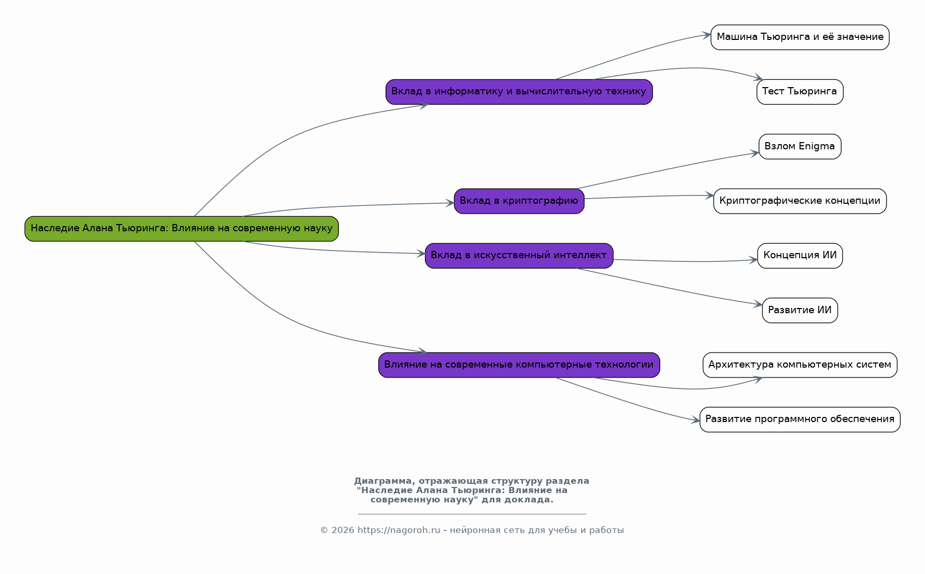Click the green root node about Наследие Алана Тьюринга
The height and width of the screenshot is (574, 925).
pos(181,229)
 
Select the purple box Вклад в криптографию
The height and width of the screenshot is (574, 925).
pos(519,201)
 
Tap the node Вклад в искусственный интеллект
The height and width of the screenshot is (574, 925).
pos(519,256)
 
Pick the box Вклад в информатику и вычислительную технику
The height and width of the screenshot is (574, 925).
pos(519,92)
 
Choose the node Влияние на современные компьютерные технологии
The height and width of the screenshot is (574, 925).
pos(519,365)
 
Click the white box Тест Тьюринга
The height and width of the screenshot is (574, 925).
pos(800,92)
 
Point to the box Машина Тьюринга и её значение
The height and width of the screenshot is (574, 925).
pos(800,37)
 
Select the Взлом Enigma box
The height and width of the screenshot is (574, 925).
pos(800,147)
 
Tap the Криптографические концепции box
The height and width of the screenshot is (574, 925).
pos(800,201)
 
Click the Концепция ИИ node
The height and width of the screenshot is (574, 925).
pos(800,256)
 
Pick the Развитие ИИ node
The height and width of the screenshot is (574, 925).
pos(800,310)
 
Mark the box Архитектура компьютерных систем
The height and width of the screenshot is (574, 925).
pos(800,365)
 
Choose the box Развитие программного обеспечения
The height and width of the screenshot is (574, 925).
pos(800,419)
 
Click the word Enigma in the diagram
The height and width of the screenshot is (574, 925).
pos(817,147)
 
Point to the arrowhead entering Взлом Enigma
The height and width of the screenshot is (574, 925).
pos(756,153)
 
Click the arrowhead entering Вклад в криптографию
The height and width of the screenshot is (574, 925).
pos(450,203)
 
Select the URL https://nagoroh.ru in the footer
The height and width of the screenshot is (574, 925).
pos(399,530)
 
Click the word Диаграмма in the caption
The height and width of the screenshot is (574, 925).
pos(382,481)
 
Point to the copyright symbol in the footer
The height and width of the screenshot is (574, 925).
pos(324,530)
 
